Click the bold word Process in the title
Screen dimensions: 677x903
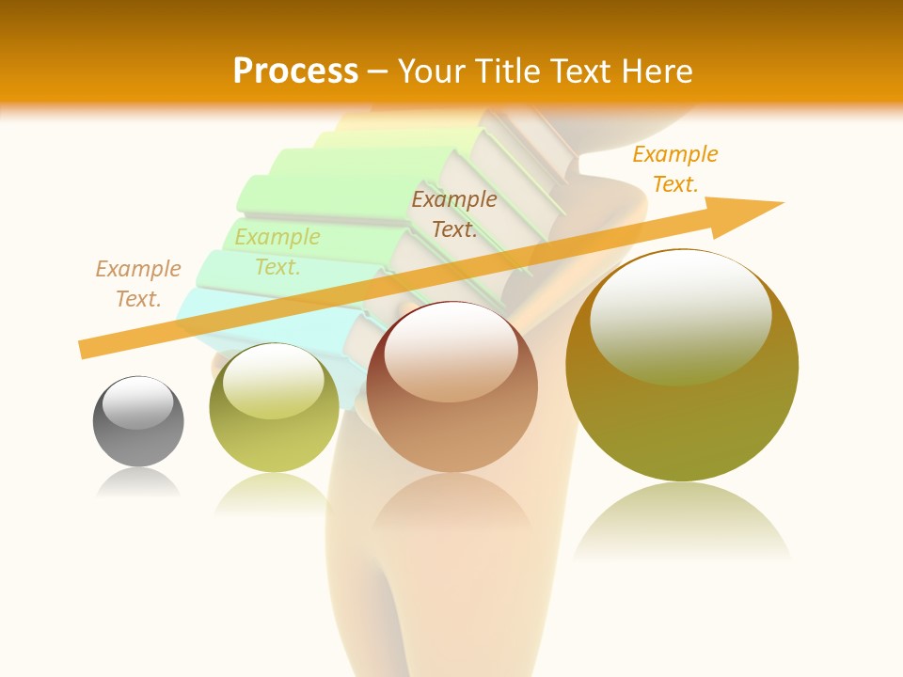[295, 71]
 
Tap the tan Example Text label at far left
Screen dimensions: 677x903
[138, 284]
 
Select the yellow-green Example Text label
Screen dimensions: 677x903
[277, 252]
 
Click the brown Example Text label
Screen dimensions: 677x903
[454, 213]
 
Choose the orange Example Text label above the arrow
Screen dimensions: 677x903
[675, 169]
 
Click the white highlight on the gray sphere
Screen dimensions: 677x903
[138, 402]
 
